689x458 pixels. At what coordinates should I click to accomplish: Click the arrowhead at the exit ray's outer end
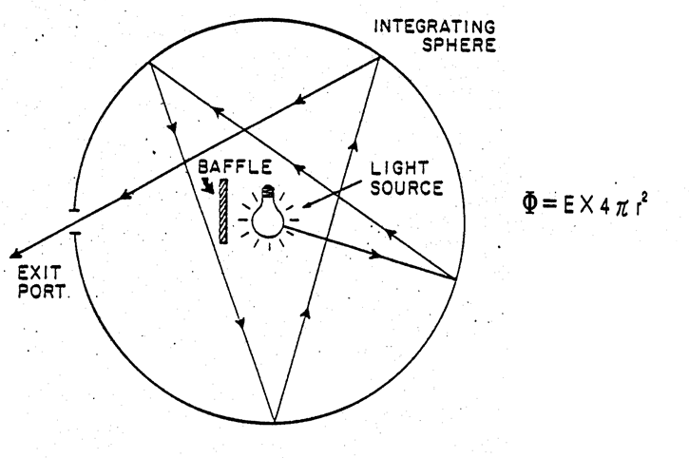pyautogui.click(x=12, y=254)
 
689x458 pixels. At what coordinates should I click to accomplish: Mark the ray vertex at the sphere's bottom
pyautogui.click(x=274, y=421)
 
